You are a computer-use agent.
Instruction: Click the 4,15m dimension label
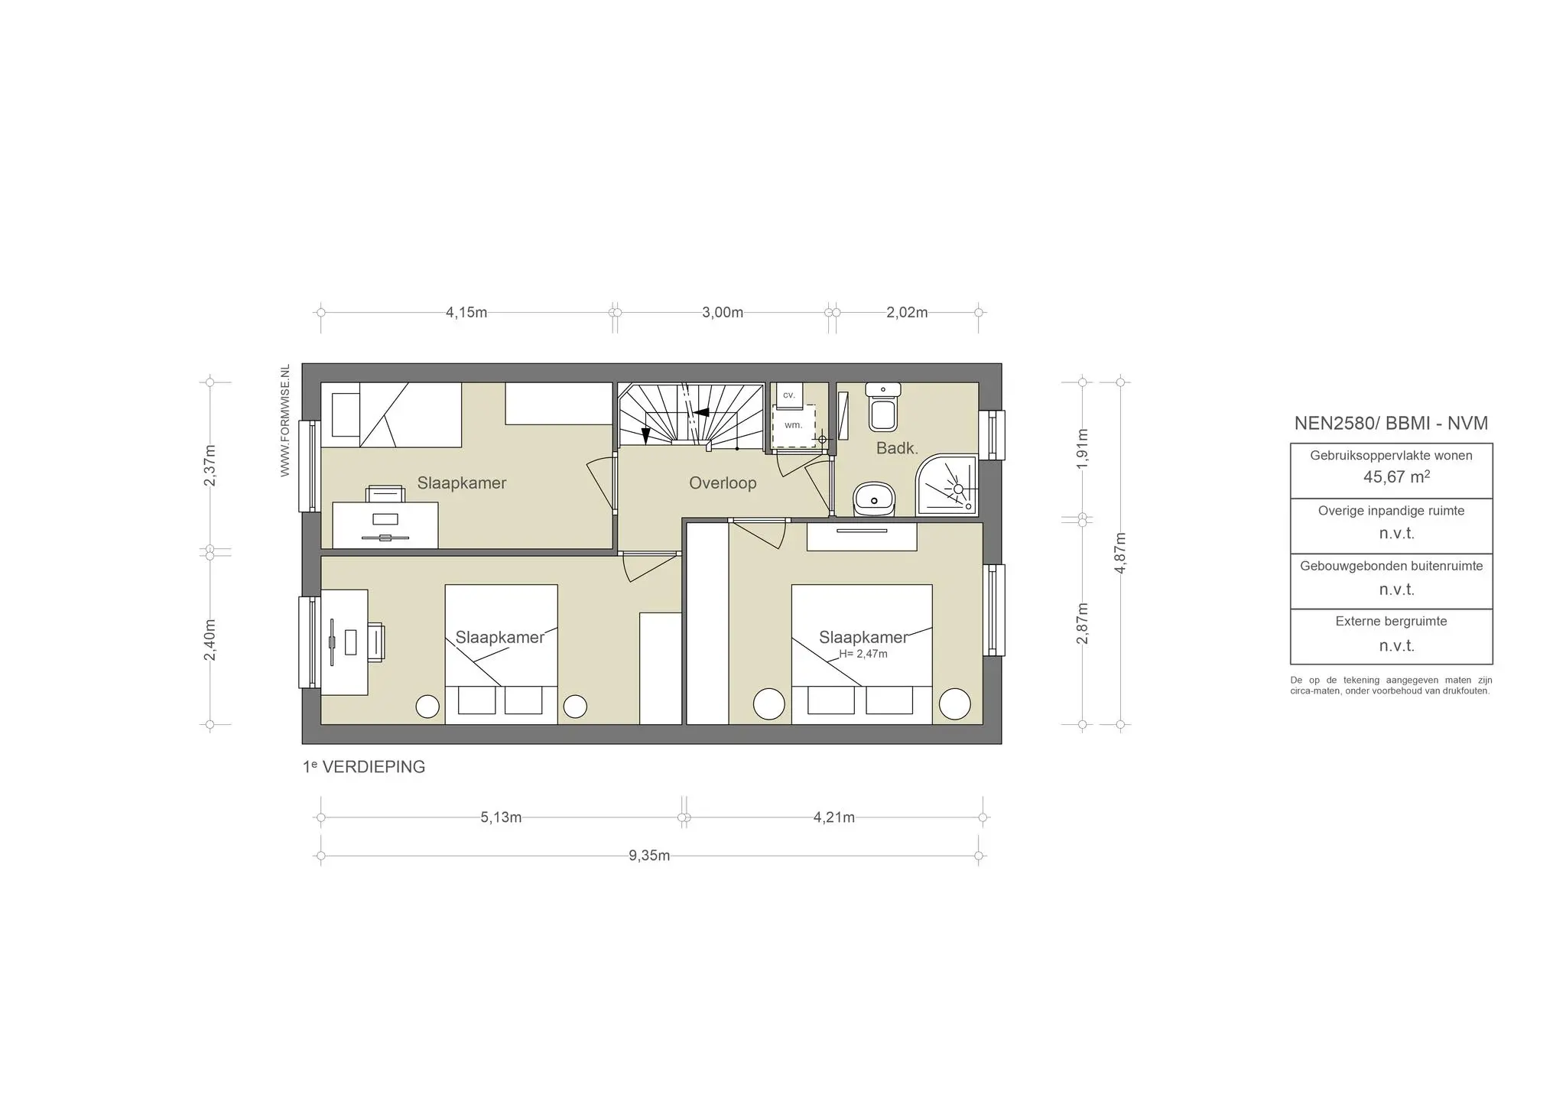click(x=466, y=313)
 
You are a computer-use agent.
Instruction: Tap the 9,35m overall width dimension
click(x=649, y=856)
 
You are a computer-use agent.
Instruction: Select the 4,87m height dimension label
click(x=1120, y=552)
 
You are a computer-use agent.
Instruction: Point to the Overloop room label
click(x=723, y=483)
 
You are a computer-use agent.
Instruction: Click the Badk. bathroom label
click(x=897, y=449)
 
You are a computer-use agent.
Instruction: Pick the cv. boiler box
click(x=789, y=395)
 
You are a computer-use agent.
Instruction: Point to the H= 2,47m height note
click(x=863, y=655)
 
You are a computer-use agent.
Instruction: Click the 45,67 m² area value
click(x=1396, y=477)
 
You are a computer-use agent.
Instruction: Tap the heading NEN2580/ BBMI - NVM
click(x=1391, y=424)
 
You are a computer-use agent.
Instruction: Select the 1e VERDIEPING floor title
click(x=364, y=767)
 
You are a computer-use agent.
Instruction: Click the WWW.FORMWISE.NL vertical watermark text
click(x=285, y=421)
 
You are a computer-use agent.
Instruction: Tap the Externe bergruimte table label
click(x=1391, y=622)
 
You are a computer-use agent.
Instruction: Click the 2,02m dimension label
click(x=907, y=313)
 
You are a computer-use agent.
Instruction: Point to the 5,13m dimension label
click(x=501, y=817)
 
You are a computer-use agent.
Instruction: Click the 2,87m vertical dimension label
click(x=1082, y=623)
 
